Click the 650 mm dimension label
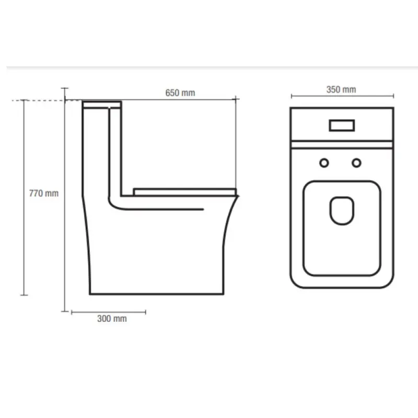(x=180, y=93)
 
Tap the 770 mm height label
(x=44, y=193)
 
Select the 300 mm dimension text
(x=112, y=319)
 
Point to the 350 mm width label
(x=341, y=89)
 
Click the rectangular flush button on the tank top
(x=342, y=125)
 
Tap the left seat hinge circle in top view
(x=324, y=163)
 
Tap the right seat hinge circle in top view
(x=356, y=163)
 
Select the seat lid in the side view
(x=185, y=192)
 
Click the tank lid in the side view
(x=102, y=104)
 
